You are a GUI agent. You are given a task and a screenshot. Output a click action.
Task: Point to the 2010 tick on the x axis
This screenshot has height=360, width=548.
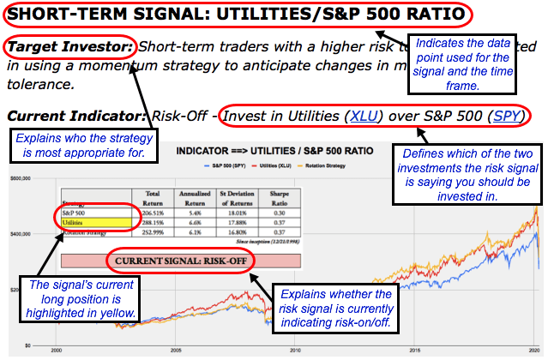(295, 351)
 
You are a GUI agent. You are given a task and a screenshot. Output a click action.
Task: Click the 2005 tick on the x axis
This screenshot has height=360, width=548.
(175, 351)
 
